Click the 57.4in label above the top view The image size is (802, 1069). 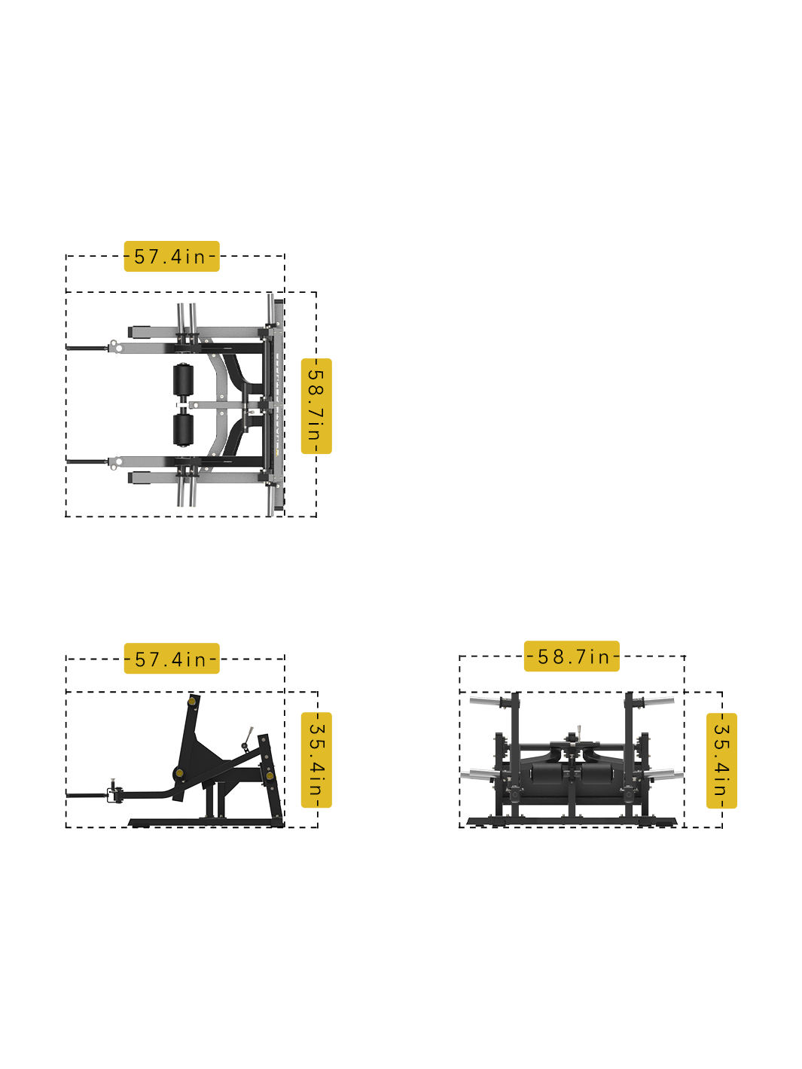click(x=171, y=256)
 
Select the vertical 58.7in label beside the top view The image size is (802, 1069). click(x=316, y=406)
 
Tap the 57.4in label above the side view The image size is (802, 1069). click(x=171, y=659)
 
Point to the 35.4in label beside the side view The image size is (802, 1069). click(x=316, y=760)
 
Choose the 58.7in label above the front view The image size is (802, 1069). click(x=572, y=656)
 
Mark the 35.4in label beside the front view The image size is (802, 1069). click(x=721, y=760)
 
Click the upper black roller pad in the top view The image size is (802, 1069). click(x=183, y=381)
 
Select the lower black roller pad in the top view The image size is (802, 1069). click(x=183, y=429)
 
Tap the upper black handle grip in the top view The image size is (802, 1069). click(x=85, y=348)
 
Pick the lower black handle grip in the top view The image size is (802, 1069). click(x=85, y=461)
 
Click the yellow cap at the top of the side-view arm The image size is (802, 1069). click(x=192, y=702)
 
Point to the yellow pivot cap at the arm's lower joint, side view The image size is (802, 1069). click(x=179, y=773)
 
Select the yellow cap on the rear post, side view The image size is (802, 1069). click(x=269, y=775)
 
